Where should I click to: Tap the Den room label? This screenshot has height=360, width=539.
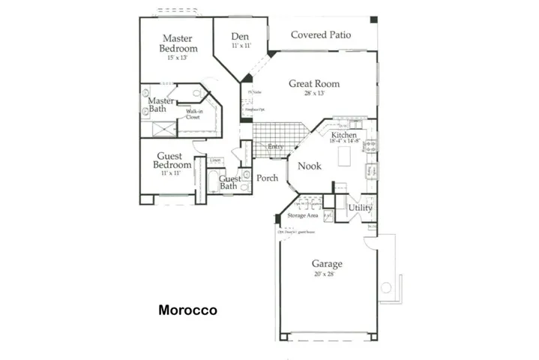240,36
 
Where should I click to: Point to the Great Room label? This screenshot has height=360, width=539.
314,84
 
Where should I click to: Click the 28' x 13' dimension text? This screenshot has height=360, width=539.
314,94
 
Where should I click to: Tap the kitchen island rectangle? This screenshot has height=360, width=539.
346,157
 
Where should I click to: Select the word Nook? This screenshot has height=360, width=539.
310,166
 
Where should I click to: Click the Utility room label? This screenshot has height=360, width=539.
361,207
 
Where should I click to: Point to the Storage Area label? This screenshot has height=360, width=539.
303,216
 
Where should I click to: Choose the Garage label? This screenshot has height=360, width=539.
327,264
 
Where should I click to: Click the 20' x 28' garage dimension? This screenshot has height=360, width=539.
327,274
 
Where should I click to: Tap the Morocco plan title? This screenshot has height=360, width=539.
187,309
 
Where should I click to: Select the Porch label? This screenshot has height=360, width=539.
267,178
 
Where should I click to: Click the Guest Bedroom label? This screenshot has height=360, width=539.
172,160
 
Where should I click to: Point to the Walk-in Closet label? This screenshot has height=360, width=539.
194,115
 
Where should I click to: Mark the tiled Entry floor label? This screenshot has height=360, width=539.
275,147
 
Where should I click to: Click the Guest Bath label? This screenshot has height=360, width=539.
229,182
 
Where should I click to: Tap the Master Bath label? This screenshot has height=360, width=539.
160,105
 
